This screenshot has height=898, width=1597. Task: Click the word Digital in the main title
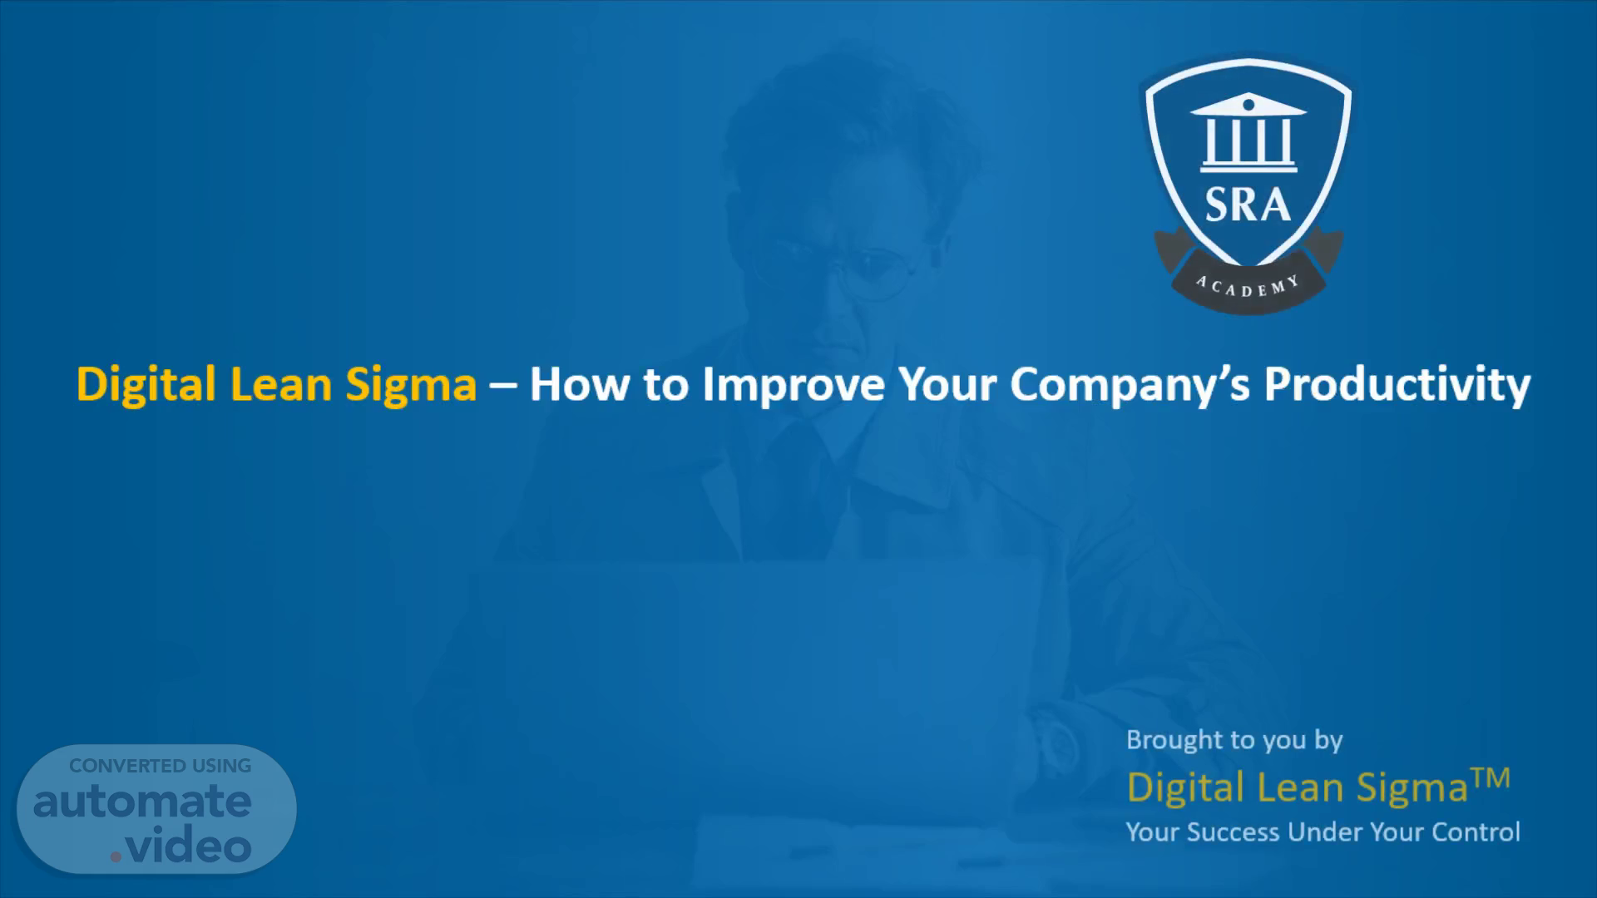pos(146,385)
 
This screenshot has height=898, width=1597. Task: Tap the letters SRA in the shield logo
pos(1248,205)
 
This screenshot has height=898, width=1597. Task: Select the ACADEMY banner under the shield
pos(1248,279)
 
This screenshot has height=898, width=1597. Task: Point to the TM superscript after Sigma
pos(1490,779)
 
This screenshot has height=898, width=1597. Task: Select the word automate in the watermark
pos(142,802)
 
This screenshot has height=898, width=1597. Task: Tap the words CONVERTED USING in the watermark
pos(160,766)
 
